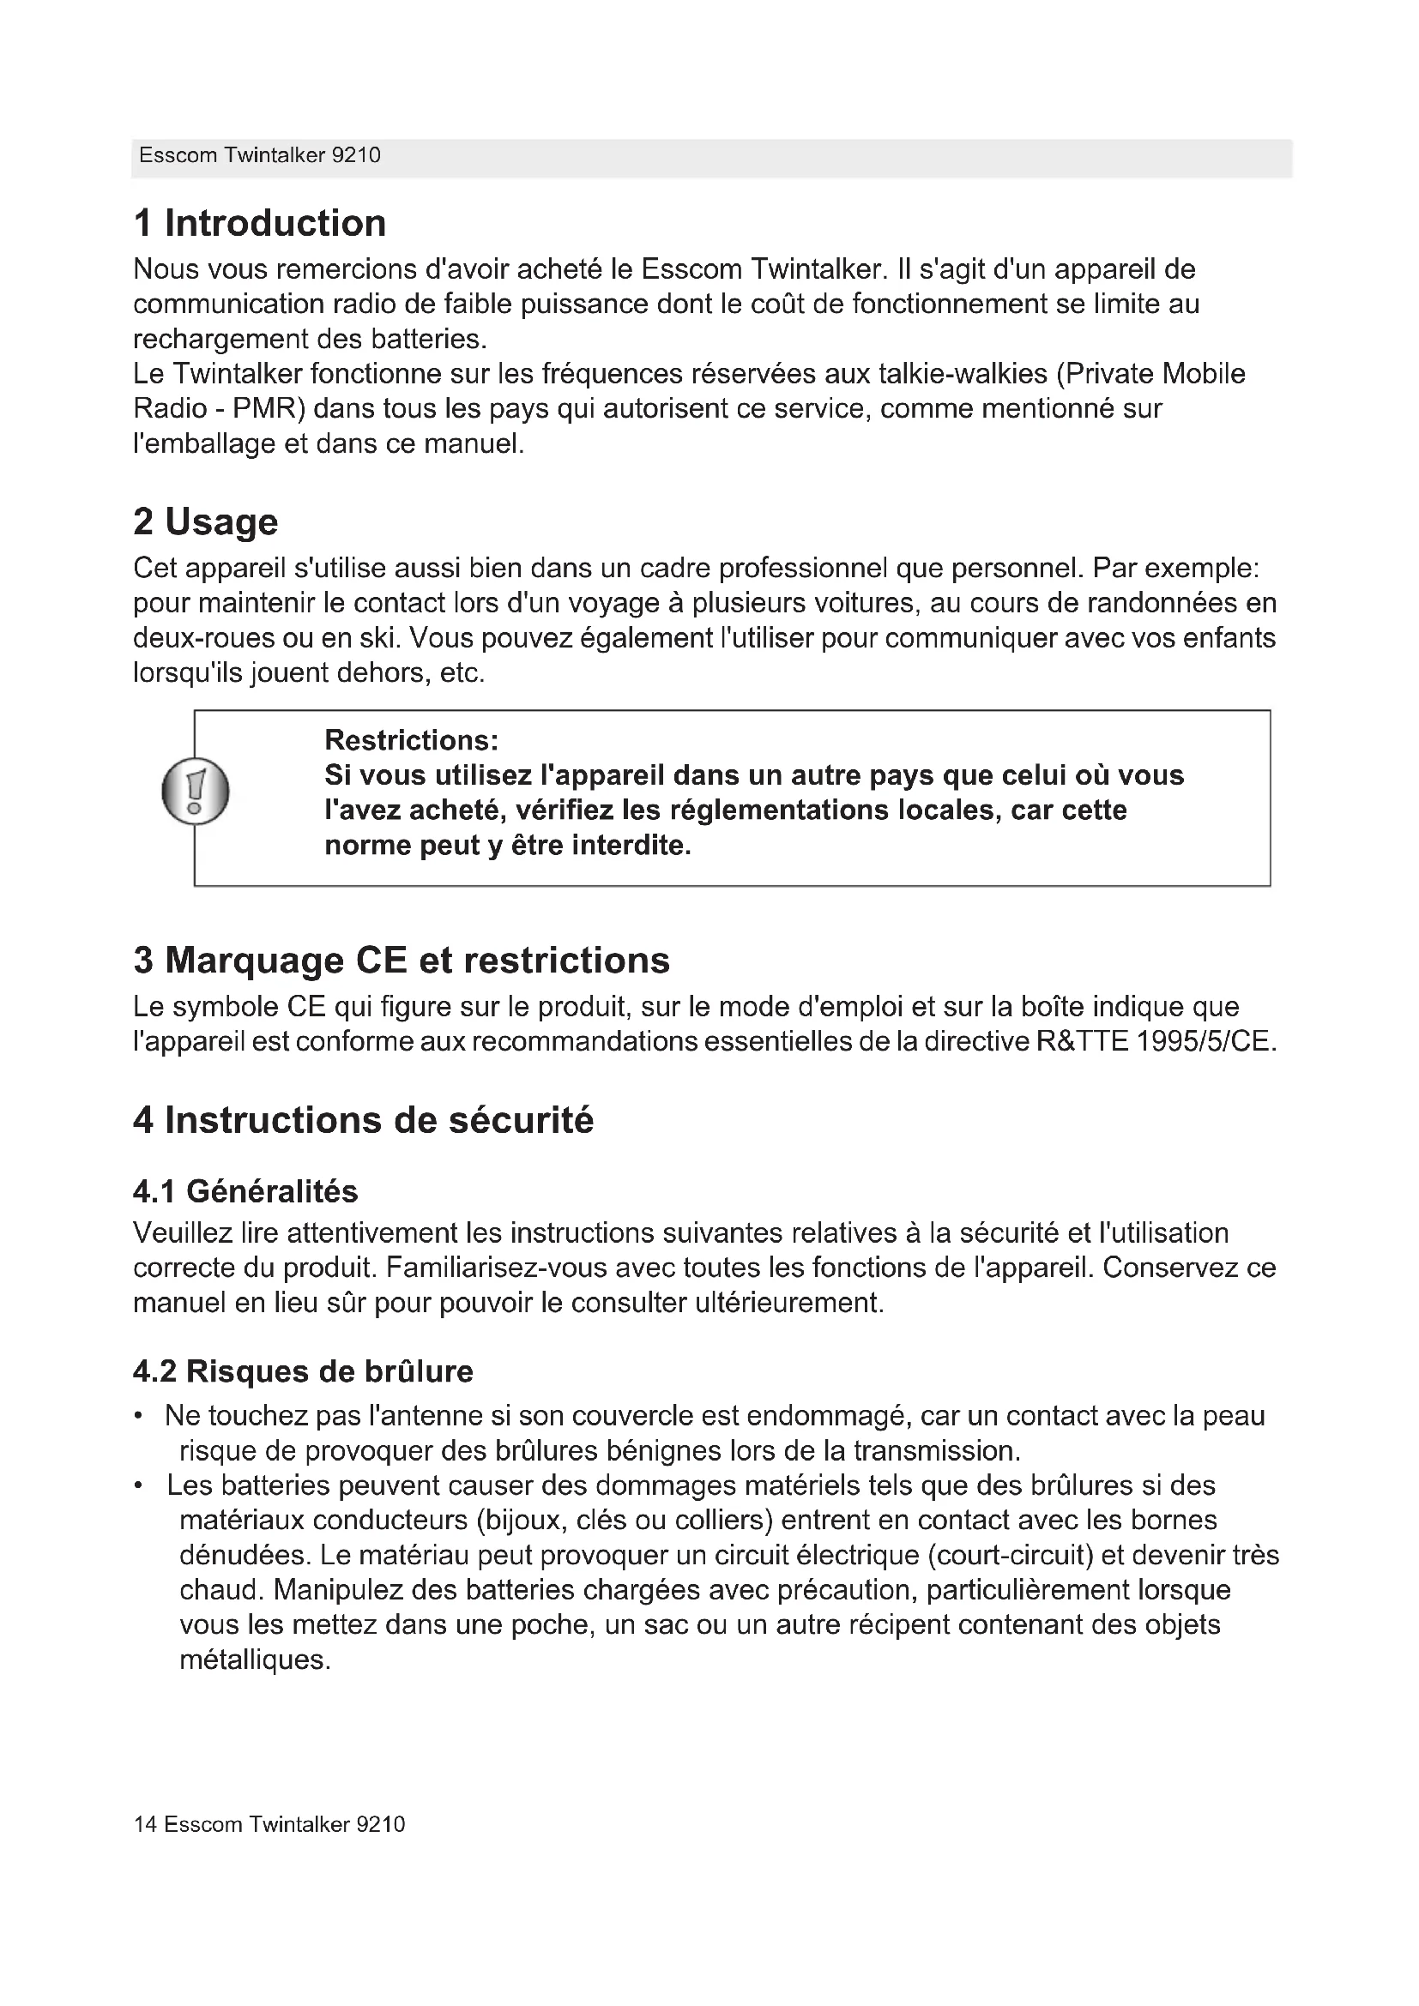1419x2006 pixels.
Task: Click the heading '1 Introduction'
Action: click(259, 224)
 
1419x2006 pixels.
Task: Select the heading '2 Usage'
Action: click(205, 522)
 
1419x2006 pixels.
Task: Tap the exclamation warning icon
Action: click(196, 792)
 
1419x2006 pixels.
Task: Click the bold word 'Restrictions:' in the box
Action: click(412, 741)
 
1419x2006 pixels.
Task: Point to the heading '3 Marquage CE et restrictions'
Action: click(401, 961)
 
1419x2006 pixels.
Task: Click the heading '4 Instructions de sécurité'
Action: click(363, 1120)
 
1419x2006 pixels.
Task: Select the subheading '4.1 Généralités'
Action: click(245, 1192)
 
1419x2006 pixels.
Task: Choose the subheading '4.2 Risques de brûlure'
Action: click(302, 1371)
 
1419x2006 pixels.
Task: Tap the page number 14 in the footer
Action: click(145, 1824)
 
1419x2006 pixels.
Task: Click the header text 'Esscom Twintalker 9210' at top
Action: click(259, 155)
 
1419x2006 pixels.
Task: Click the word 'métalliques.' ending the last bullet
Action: click(255, 1660)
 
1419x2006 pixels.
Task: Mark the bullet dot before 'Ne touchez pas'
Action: click(139, 1416)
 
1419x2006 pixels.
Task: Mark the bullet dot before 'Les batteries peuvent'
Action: click(139, 1486)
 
